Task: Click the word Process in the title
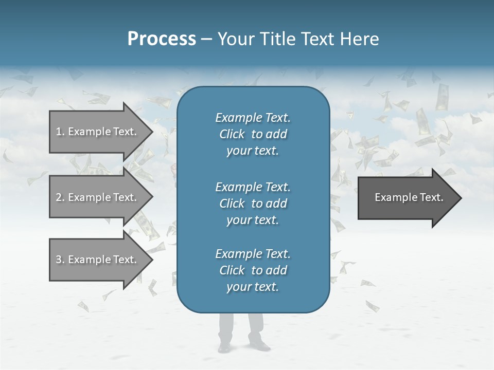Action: (x=162, y=39)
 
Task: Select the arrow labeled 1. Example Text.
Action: (x=98, y=132)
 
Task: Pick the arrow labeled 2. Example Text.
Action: (x=98, y=197)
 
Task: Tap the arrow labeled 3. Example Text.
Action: (x=98, y=260)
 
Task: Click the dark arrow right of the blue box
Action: (x=407, y=197)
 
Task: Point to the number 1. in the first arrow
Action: (x=60, y=132)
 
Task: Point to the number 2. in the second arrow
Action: (x=60, y=197)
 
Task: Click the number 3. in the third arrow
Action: (x=60, y=260)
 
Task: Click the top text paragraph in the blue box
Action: (x=253, y=134)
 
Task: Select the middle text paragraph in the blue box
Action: (x=253, y=203)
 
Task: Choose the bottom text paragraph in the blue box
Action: (x=253, y=270)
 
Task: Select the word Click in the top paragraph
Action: (x=232, y=134)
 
